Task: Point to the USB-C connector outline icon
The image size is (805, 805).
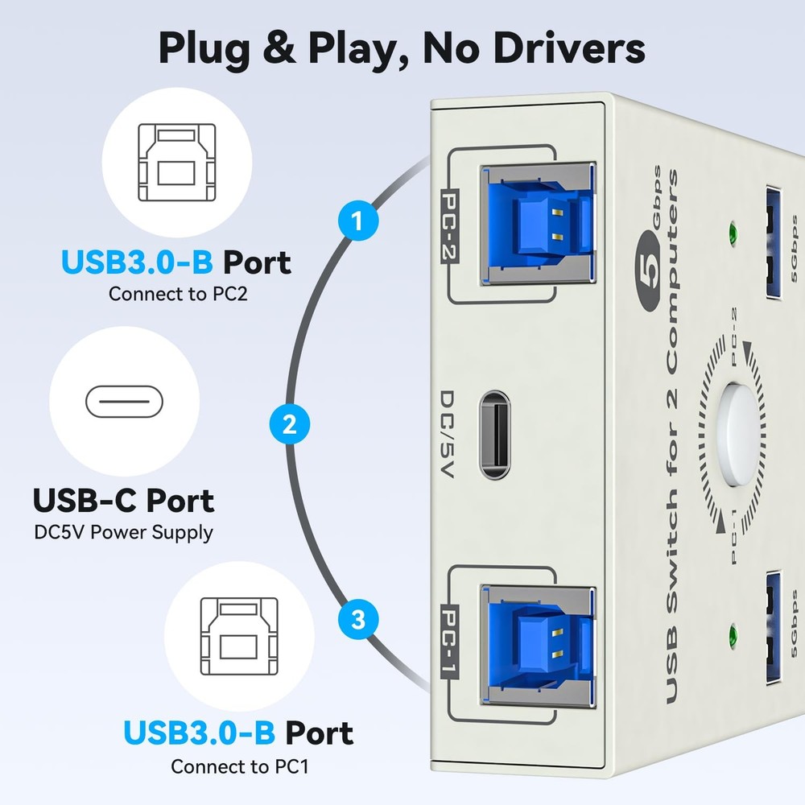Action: pos(124,401)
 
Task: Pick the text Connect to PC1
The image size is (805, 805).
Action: pos(239,766)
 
